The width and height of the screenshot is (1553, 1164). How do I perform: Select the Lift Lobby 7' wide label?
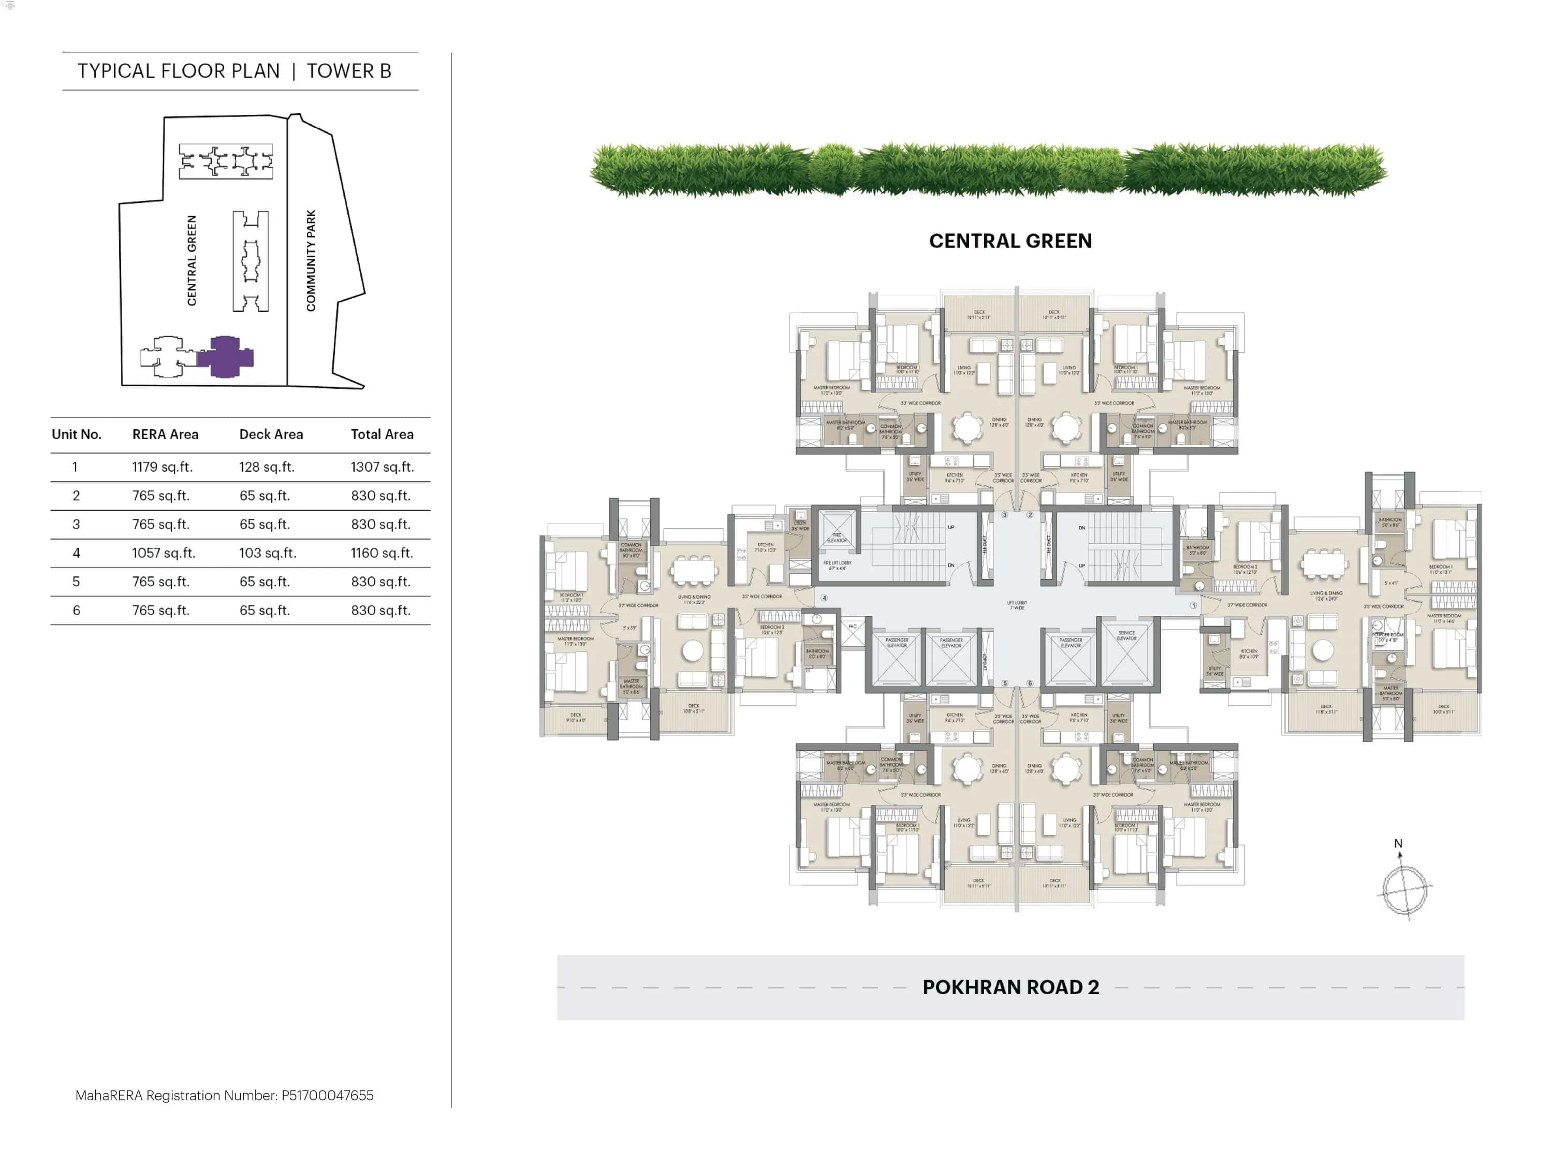1017,604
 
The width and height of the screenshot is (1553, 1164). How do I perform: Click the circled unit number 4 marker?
824,598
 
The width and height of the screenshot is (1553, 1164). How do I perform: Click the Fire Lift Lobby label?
837,565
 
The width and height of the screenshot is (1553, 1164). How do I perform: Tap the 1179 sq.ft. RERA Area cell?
162,467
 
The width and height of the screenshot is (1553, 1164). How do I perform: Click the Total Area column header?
382,434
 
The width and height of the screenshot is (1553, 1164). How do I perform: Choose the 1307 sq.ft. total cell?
382,467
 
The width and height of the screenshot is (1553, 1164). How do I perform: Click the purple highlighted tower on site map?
225,357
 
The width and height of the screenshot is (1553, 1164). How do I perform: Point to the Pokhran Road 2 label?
1010,987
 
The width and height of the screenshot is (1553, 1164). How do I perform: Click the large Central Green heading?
1010,241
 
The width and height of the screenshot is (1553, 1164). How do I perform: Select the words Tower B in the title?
349,71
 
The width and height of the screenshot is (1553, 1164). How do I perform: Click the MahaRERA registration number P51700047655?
327,1095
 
